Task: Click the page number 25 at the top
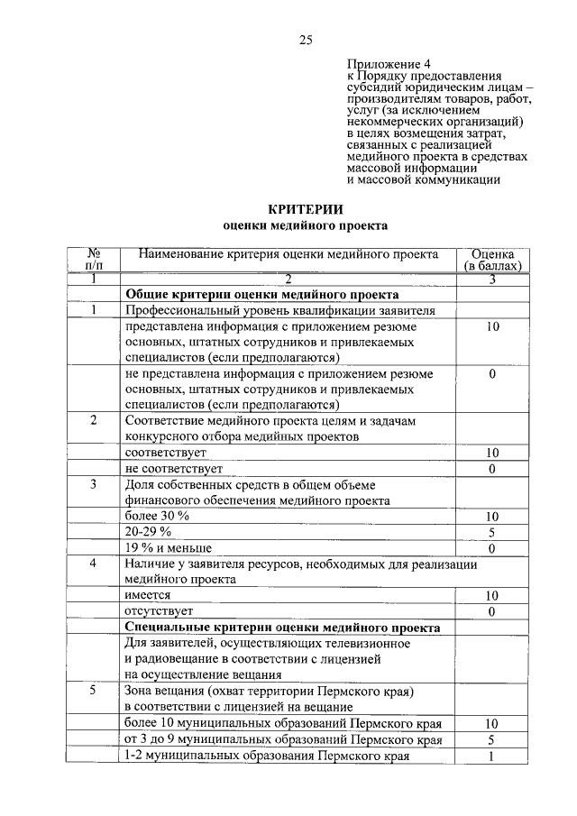[305, 39]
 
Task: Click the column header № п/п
[93, 261]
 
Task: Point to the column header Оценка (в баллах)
[492, 261]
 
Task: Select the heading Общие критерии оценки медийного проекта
[261, 294]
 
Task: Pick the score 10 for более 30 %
[492, 516]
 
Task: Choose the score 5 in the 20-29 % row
[492, 532]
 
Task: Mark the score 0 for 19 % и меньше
[492, 548]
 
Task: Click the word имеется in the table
[147, 596]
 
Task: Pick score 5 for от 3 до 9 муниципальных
[492, 739]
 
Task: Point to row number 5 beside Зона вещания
[93, 692]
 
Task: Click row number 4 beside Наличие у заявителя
[93, 564]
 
